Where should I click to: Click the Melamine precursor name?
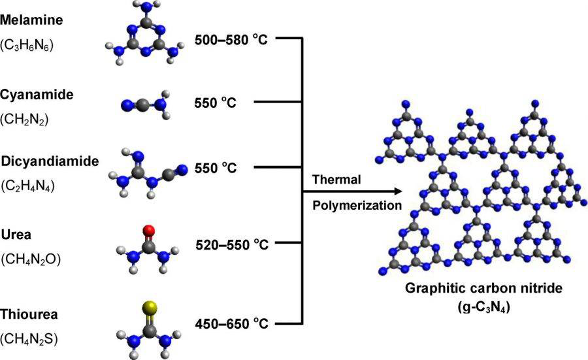point(31,20)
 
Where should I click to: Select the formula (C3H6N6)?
point(27,45)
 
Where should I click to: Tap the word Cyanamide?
point(37,95)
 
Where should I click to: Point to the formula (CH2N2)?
point(24,120)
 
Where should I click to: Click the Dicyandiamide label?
point(50,161)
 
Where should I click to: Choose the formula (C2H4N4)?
point(27,186)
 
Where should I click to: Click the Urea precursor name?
point(16,235)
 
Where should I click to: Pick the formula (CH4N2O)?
point(31,259)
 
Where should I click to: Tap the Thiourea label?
point(29,314)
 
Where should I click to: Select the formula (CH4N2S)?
point(29,339)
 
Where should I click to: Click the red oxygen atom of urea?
point(149,230)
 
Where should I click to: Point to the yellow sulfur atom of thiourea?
point(149,307)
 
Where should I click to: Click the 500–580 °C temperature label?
point(231,39)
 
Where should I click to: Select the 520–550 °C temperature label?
point(232,244)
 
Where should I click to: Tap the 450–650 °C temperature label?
point(232,323)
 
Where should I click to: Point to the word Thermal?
point(336,180)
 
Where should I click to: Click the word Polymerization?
point(357,206)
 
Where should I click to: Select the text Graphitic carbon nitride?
point(483,288)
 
